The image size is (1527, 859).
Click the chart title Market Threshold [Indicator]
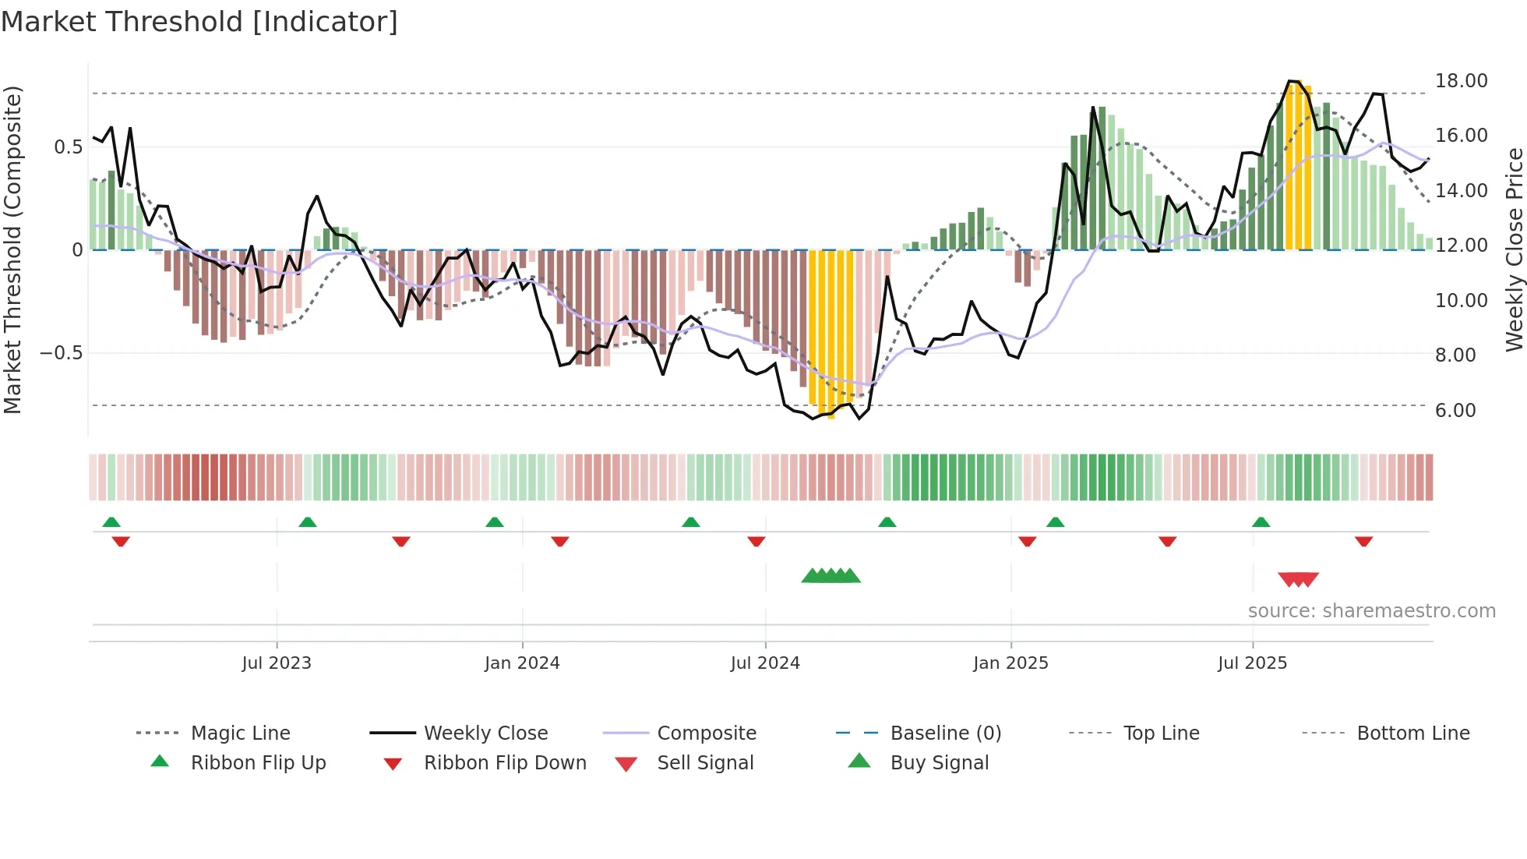199,22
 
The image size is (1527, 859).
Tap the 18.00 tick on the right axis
1461,81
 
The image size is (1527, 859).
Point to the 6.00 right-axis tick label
1455,411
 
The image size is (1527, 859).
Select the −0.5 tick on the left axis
61,353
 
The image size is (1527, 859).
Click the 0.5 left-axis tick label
68,147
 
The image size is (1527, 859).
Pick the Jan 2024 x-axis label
522,663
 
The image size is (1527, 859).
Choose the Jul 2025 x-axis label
1252,663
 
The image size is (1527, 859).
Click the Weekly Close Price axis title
1514,249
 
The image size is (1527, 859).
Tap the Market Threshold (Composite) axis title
12,249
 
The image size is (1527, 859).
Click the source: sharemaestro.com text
1371,611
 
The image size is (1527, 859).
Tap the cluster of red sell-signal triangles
1298,579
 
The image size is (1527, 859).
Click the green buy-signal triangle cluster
831,576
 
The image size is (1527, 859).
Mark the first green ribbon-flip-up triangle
111,522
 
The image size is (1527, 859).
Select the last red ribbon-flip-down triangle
1363,542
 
